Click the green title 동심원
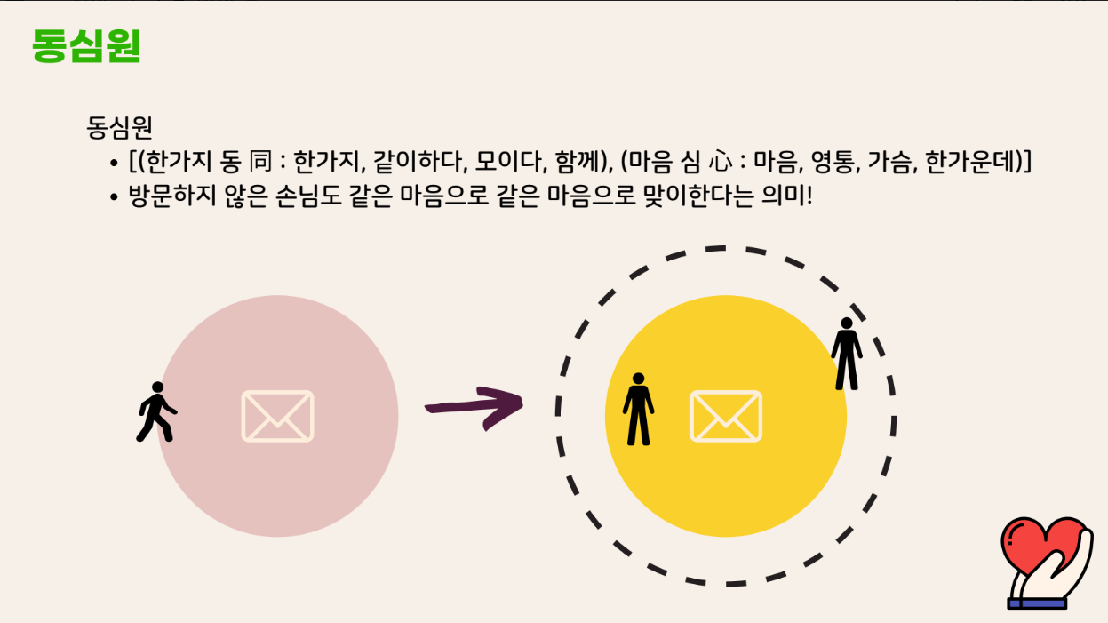pyautogui.click(x=86, y=45)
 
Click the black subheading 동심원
pyautogui.click(x=120, y=128)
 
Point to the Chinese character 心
pyautogui.click(x=721, y=163)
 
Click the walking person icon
pyautogui.click(x=156, y=411)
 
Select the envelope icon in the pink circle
pyautogui.click(x=277, y=416)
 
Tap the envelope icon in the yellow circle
pyautogui.click(x=726, y=416)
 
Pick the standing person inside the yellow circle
pyautogui.click(x=638, y=409)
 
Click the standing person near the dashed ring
pyautogui.click(x=847, y=354)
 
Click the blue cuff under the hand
pyautogui.click(x=1036, y=603)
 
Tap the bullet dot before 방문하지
pyautogui.click(x=114, y=197)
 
